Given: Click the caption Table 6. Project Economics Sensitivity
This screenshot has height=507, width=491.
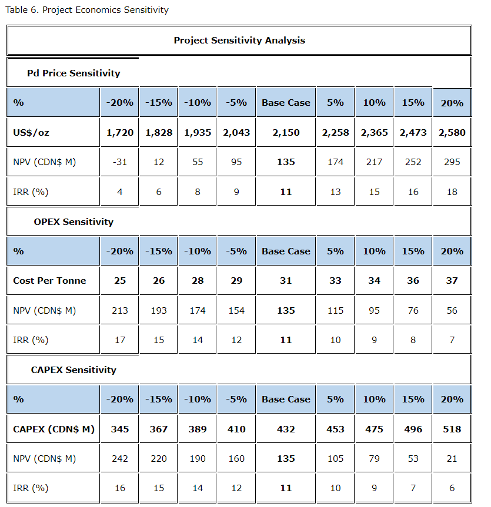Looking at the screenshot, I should pyautogui.click(x=86, y=10).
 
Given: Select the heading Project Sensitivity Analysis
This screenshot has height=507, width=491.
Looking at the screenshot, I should pyautogui.click(x=239, y=41).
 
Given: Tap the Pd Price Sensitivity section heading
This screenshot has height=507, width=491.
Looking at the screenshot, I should pyautogui.click(x=74, y=73).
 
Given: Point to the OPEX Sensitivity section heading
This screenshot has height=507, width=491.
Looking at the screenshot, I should pyautogui.click(x=74, y=222).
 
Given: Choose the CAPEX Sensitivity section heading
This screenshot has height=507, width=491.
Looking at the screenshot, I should pyautogui.click(x=74, y=370).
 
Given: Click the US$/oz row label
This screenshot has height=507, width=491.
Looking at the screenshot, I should pyautogui.click(x=31, y=133).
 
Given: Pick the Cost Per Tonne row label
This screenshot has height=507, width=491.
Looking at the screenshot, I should pyautogui.click(x=49, y=281).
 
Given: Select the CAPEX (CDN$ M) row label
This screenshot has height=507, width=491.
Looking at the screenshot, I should pyautogui.click(x=54, y=429).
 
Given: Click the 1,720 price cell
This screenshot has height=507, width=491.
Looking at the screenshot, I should pyautogui.click(x=120, y=133).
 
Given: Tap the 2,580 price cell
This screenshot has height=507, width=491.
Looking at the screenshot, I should pyautogui.click(x=452, y=133).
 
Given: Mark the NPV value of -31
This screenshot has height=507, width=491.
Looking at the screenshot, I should pyautogui.click(x=120, y=162).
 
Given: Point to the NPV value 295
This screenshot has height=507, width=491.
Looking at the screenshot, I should pyautogui.click(x=452, y=162).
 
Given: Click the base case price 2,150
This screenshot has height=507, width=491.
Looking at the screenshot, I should pyautogui.click(x=286, y=133).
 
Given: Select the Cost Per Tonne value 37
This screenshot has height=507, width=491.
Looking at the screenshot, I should pyautogui.click(x=452, y=281).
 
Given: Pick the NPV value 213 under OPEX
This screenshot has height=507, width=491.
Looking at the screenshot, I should pyautogui.click(x=120, y=310).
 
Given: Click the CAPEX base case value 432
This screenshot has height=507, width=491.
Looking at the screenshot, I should pyautogui.click(x=286, y=429).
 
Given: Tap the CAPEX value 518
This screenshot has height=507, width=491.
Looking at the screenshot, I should pyautogui.click(x=452, y=429).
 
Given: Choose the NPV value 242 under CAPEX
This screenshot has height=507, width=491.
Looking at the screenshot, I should pyautogui.click(x=120, y=459).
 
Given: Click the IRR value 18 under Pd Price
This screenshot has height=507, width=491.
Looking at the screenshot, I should pyautogui.click(x=452, y=192).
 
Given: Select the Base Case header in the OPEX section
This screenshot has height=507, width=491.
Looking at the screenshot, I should pyautogui.click(x=286, y=251).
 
